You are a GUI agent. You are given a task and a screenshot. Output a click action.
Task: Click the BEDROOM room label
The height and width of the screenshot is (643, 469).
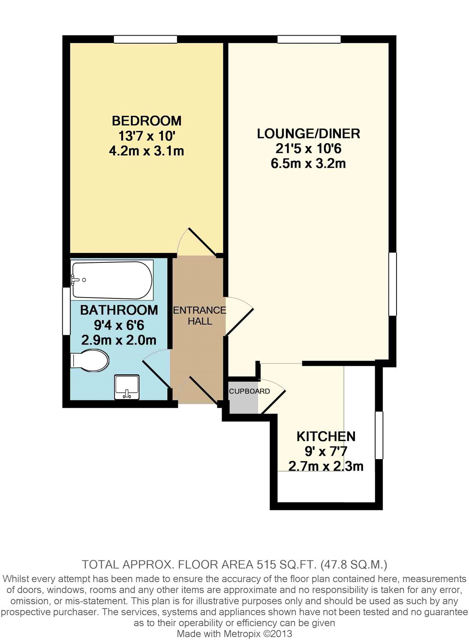point(146,121)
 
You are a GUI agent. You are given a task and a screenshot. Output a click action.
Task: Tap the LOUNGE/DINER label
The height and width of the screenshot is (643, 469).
point(308,134)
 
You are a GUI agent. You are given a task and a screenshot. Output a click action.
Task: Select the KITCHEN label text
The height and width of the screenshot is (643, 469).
point(326,437)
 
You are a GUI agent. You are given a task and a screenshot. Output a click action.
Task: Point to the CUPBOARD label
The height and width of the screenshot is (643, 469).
point(250,391)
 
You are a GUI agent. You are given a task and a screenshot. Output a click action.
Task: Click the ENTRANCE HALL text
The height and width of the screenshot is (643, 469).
point(200,315)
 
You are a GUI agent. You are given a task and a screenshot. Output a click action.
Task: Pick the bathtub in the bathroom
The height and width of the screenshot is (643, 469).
point(112,280)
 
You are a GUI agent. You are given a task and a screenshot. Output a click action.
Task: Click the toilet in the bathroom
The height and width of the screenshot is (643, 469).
point(90,360)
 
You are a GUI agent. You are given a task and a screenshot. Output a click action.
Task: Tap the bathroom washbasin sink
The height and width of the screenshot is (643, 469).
point(126,387)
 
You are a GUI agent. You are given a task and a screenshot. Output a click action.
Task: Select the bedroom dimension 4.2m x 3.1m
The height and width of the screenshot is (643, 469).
point(146,151)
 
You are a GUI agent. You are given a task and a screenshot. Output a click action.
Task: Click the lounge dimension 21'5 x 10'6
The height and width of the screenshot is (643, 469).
point(308,149)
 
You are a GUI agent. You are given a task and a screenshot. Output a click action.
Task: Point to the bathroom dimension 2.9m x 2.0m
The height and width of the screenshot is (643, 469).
point(119,340)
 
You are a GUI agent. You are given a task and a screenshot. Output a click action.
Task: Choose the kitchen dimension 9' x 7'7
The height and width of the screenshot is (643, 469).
point(326,451)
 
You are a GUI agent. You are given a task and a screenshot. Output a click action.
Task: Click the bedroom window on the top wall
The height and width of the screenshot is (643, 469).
point(145,39)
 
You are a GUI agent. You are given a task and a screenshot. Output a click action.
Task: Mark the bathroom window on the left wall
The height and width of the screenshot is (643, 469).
point(66,311)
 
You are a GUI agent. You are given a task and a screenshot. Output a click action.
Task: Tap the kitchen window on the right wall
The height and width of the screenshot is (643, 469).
point(379,435)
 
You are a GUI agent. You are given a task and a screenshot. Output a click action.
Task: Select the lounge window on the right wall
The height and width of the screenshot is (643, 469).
point(393,284)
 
